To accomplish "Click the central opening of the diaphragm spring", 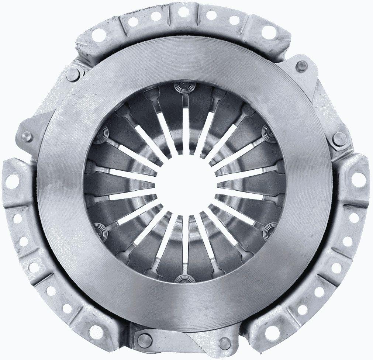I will coord(186,183).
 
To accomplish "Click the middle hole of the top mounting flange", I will coord(183,12).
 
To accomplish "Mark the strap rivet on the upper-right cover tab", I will coord(302,66).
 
